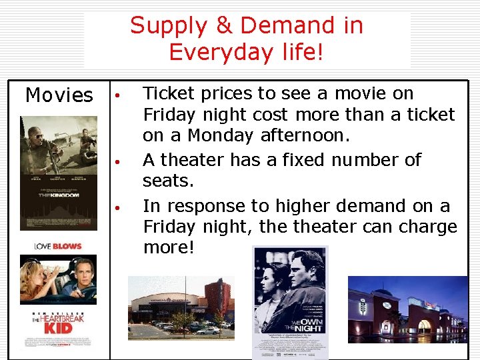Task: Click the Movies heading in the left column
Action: tap(59, 95)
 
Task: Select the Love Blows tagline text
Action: tap(58, 247)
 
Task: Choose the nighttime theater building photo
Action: tap(407, 308)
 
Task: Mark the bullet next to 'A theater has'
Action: tap(116, 161)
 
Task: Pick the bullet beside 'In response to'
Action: tap(116, 207)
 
